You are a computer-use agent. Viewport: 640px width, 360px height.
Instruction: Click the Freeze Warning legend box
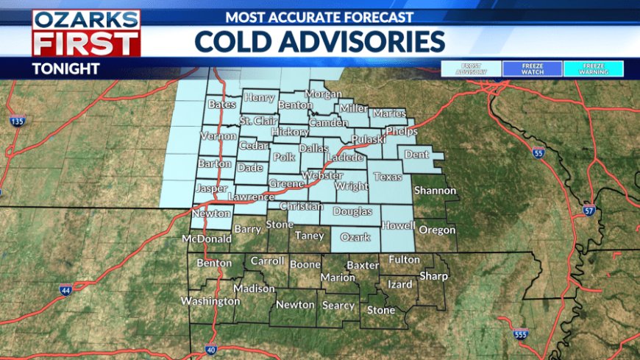click(x=594, y=68)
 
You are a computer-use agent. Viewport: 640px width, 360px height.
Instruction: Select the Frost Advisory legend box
click(x=471, y=68)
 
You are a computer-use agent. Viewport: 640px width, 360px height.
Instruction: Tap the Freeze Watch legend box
click(x=533, y=68)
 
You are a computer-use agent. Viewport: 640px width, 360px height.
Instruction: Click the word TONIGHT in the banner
click(x=65, y=68)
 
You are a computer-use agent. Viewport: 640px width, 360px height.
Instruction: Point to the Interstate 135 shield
click(x=18, y=121)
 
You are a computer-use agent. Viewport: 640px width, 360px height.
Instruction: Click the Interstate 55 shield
click(x=538, y=153)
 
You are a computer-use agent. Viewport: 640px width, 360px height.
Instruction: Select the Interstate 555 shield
click(x=521, y=333)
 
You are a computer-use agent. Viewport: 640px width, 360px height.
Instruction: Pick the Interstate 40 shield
click(x=211, y=350)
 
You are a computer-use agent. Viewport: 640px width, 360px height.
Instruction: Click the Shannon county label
click(x=435, y=191)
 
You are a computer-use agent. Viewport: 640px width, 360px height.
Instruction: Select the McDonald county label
click(x=207, y=239)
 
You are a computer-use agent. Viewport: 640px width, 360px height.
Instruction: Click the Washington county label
click(x=210, y=300)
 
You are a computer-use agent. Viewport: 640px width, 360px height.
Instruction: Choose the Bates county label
click(x=221, y=105)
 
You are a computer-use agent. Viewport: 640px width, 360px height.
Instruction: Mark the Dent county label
click(x=417, y=155)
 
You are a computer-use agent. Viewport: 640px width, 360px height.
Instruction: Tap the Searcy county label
click(x=338, y=305)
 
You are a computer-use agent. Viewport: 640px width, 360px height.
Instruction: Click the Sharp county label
click(x=433, y=276)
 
